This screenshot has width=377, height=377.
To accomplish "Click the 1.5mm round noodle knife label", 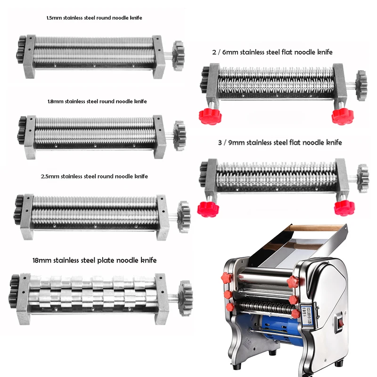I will [94, 18].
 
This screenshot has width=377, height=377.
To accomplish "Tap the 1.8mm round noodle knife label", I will [97, 101].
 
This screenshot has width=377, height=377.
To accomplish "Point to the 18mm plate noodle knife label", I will [82, 260].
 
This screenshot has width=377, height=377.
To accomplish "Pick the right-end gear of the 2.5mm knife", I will [183, 215].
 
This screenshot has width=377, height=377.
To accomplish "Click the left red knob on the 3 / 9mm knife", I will [206, 208].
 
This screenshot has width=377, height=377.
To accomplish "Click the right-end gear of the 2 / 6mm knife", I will [361, 86].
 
